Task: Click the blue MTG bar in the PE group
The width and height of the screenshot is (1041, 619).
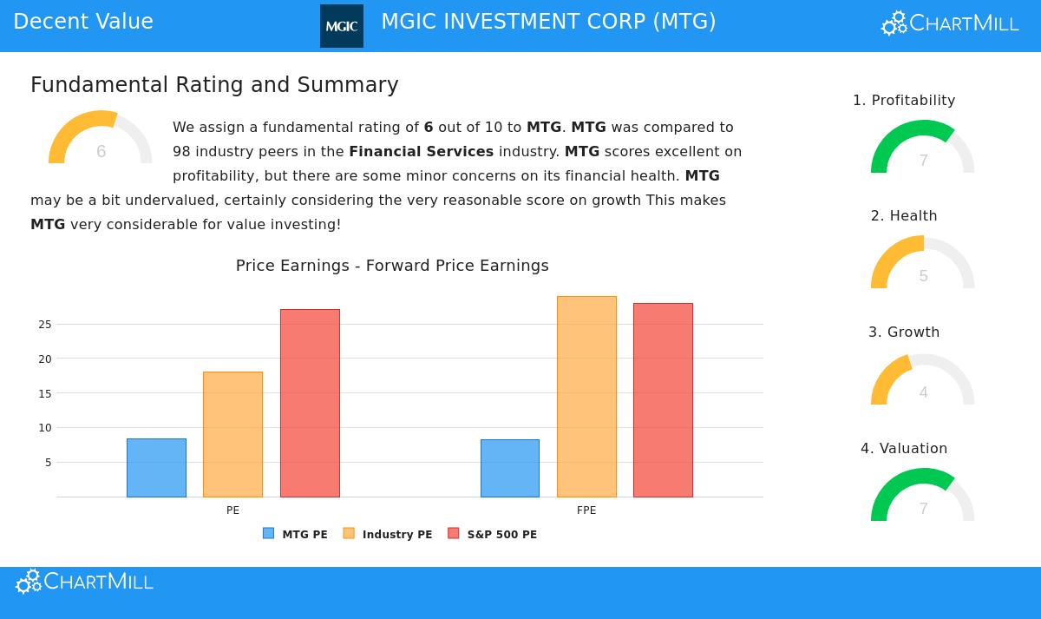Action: point(156,468)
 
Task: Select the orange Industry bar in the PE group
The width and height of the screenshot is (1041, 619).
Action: point(232,434)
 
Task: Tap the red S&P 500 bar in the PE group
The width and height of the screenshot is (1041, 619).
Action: point(310,403)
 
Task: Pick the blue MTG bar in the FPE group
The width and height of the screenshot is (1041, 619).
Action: point(509,468)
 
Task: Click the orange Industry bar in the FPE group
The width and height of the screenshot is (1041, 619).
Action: point(586,397)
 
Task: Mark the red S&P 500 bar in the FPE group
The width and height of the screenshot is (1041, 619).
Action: point(663,400)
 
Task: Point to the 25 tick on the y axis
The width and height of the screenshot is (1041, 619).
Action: point(44,325)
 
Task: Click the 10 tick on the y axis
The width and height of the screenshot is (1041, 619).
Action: point(44,428)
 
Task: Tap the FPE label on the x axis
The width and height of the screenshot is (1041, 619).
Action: point(586,510)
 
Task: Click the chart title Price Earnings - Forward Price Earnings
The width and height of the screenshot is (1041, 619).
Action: point(392,266)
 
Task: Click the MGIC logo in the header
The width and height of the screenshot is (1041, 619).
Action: point(342,26)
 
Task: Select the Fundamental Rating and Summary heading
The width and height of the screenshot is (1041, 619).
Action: point(214,85)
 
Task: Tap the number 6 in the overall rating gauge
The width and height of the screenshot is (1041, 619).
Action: point(101,152)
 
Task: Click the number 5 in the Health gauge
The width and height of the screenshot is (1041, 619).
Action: point(923,276)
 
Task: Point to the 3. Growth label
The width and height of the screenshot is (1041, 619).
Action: point(904,333)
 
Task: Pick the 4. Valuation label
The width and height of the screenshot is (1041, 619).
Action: point(904,449)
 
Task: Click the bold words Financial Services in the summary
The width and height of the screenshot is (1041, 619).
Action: point(421,152)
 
